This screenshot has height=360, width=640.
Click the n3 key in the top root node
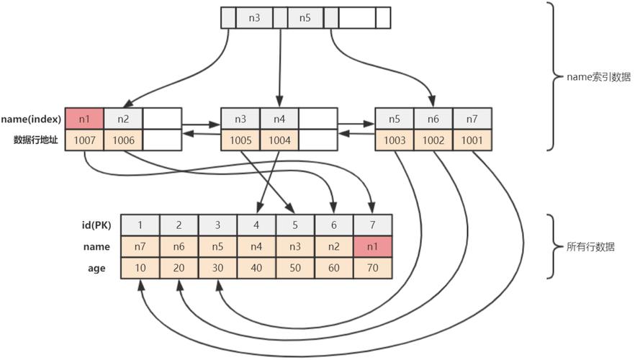point(254,17)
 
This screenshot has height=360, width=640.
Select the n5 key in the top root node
point(305,17)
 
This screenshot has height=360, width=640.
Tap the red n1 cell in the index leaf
point(84,119)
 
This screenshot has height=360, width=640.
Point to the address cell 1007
point(84,140)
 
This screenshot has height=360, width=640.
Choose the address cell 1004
point(279,140)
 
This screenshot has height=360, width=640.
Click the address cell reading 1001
point(472,140)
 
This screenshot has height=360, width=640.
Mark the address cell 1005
point(240,140)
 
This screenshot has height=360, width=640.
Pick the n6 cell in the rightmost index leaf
point(433,119)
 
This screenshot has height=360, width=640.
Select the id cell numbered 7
point(373,225)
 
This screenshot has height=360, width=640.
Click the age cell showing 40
point(256,268)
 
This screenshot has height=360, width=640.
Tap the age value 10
point(140,268)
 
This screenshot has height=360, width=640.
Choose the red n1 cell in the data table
point(373,246)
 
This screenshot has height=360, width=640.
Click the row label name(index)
point(30,119)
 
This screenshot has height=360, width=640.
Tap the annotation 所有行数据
point(591,246)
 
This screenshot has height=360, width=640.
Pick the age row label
point(98,268)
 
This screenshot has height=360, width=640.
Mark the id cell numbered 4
point(256,225)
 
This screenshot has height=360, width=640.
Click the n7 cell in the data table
point(140,246)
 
